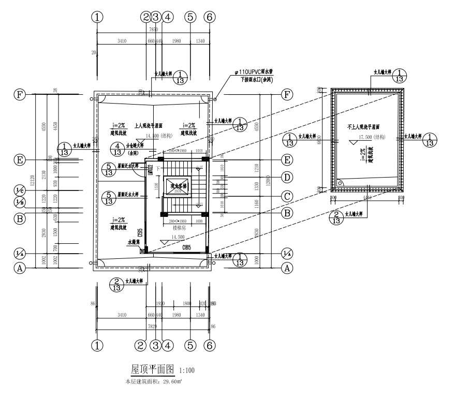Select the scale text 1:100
(x=187, y=371)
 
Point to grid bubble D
(x=286, y=178)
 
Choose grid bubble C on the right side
(x=286, y=196)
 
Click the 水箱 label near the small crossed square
(x=134, y=241)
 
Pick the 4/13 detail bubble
(x=118, y=149)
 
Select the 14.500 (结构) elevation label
(x=160, y=136)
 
